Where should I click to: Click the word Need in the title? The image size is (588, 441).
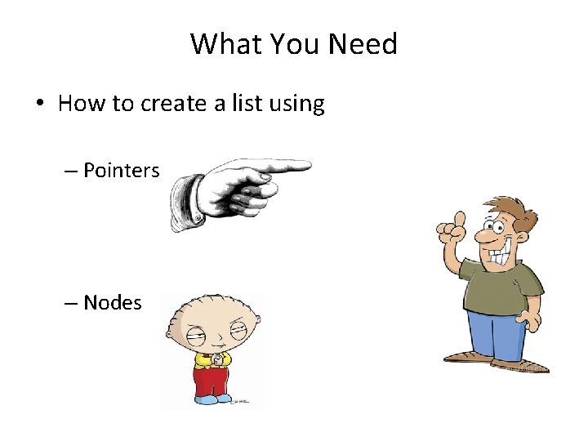tap(364, 44)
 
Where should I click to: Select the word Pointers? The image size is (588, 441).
tap(122, 171)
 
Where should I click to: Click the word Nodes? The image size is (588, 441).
tap(113, 303)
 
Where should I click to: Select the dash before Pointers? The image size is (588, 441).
tap(71, 171)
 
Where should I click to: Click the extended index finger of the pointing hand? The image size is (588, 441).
tap(282, 167)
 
